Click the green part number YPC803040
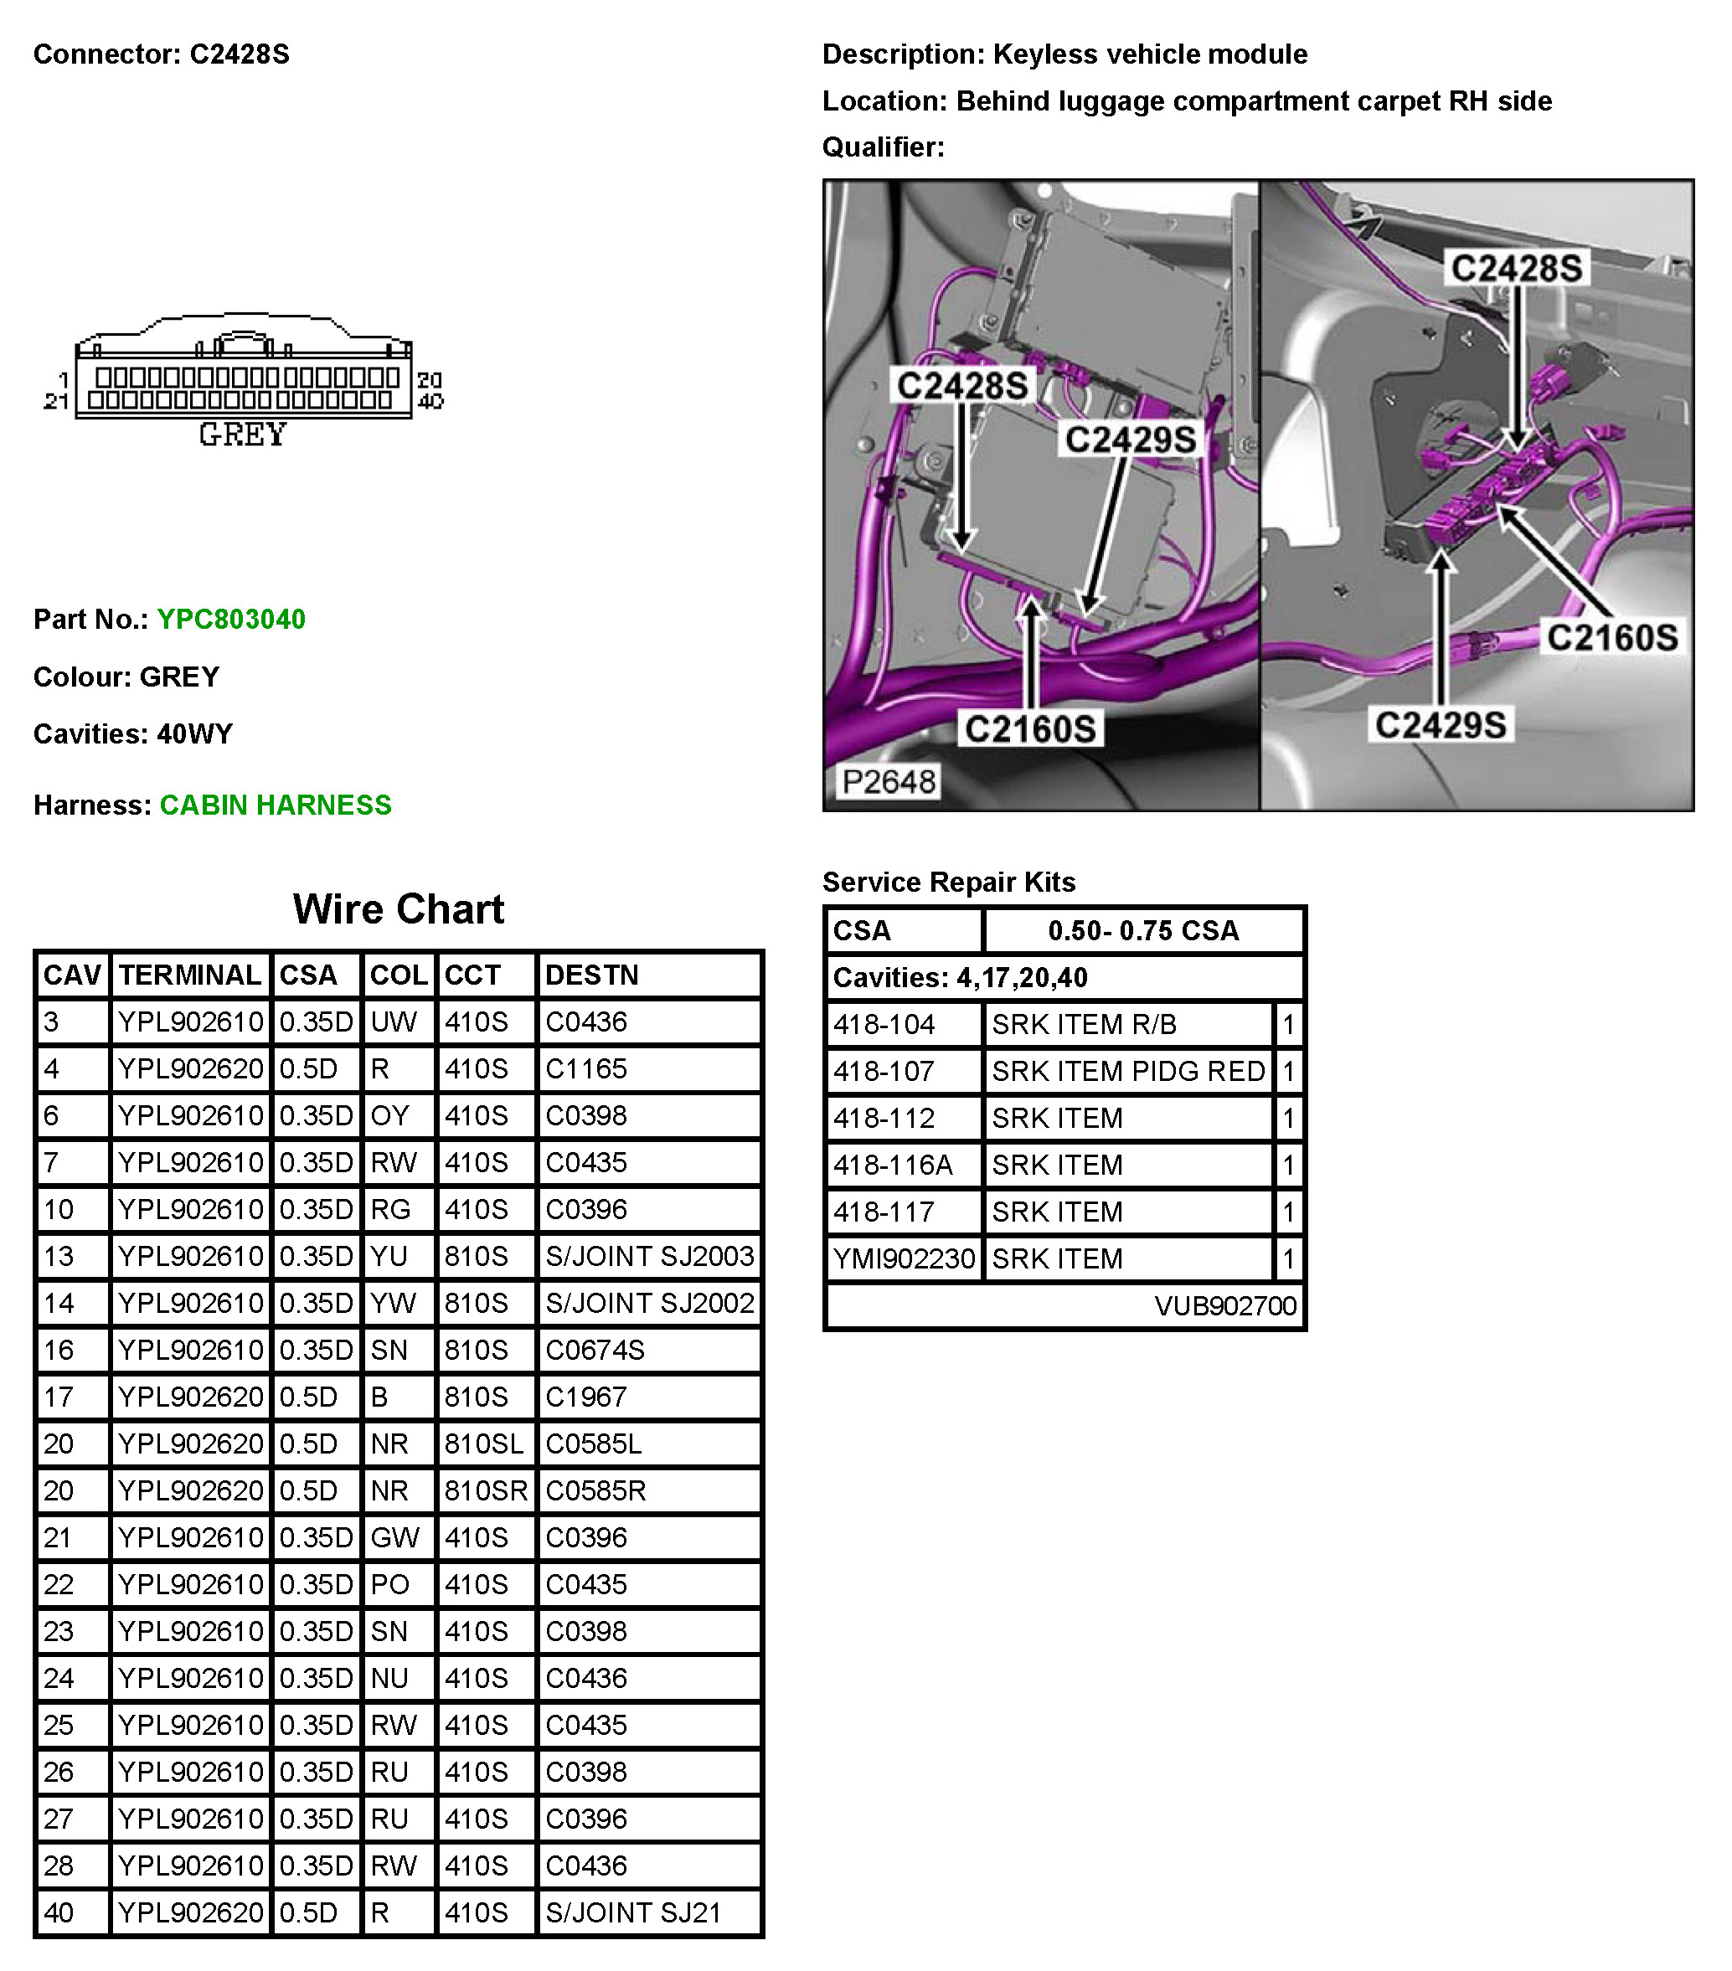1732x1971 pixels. (230, 619)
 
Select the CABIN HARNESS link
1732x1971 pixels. (275, 805)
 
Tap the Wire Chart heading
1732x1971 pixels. (399, 909)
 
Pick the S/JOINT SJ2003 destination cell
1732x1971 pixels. (649, 1257)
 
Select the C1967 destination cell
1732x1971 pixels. (586, 1397)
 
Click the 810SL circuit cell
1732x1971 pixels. (483, 1444)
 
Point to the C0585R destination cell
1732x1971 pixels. (595, 1490)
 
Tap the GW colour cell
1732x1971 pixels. (394, 1538)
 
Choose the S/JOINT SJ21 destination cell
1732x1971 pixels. (632, 1913)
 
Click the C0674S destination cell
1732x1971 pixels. (594, 1350)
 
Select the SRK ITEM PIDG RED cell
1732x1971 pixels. (1127, 1071)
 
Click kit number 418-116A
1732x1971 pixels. (892, 1165)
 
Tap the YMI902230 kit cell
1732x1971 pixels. (904, 1258)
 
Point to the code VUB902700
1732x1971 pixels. (1224, 1305)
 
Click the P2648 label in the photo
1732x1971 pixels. (888, 781)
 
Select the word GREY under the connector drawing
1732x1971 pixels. (242, 435)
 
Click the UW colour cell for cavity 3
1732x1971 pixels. (394, 1022)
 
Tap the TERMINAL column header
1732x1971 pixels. (190, 975)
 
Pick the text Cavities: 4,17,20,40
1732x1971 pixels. (960, 978)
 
